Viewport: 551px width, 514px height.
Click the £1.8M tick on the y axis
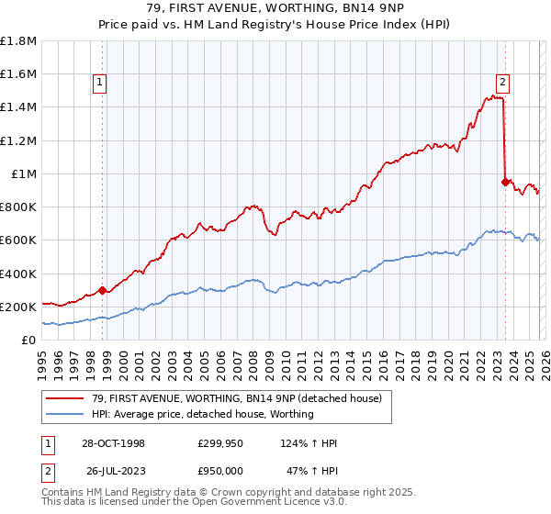coord(18,40)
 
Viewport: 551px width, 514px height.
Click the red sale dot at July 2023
coord(505,182)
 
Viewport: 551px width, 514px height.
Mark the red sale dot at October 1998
coord(103,290)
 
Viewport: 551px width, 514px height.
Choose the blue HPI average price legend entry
coord(202,414)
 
